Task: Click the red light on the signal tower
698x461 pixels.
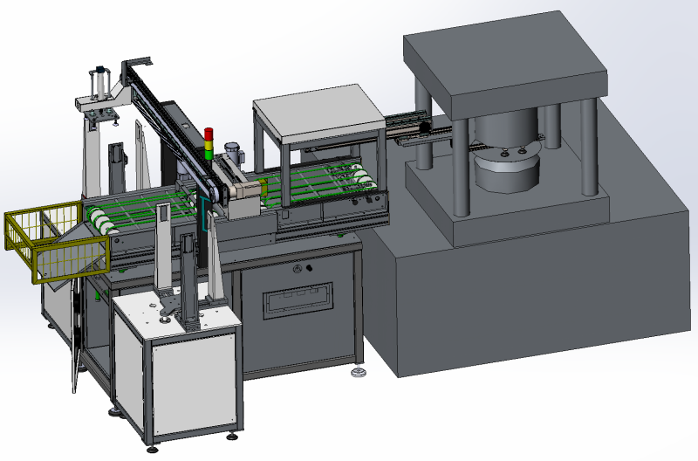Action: (x=209, y=134)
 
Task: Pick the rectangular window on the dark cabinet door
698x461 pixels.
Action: (x=300, y=300)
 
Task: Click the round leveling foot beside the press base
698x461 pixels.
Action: (x=359, y=375)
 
